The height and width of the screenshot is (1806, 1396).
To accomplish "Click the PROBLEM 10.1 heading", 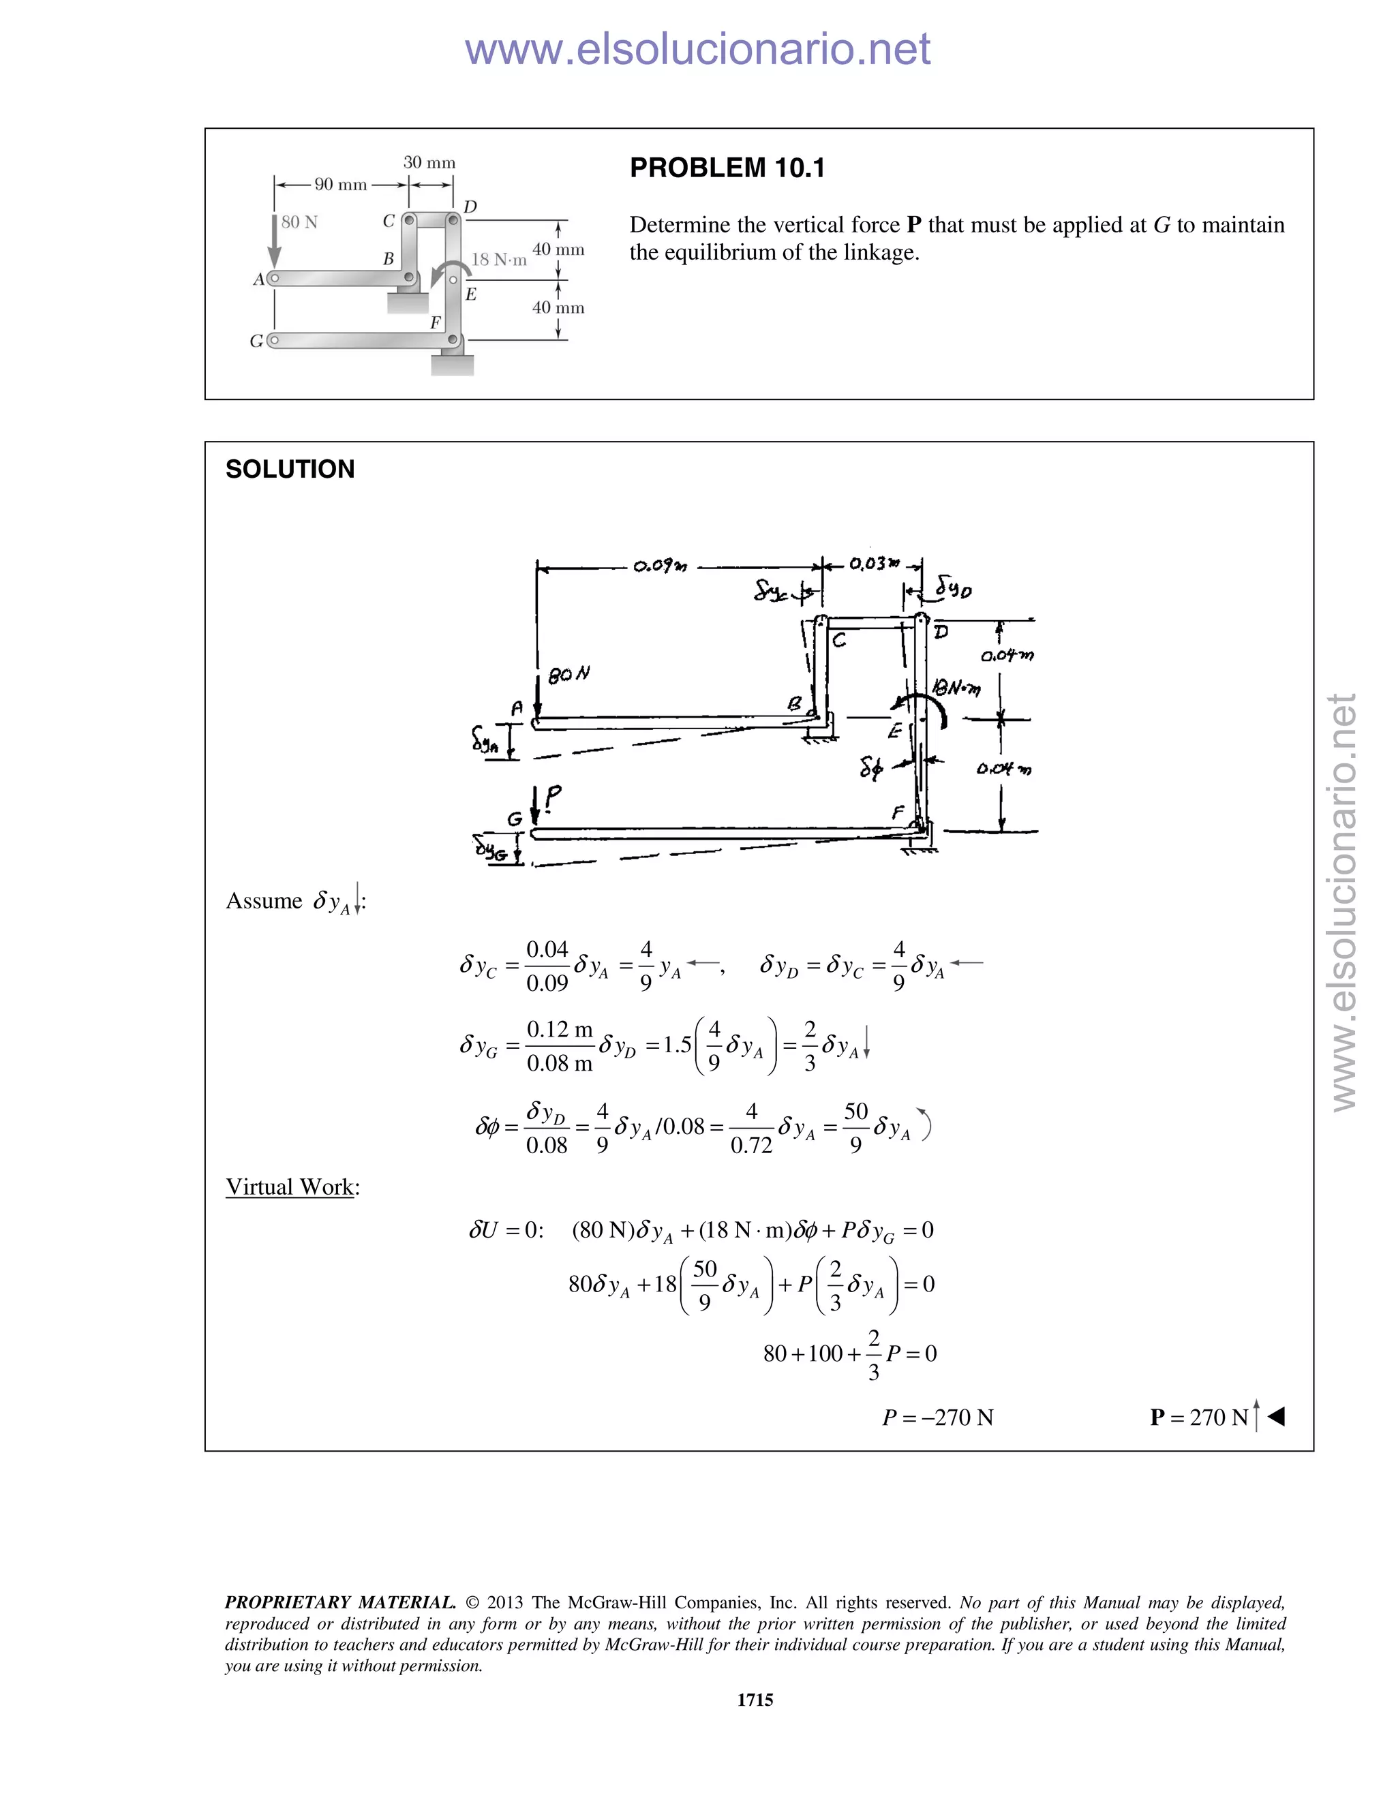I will pos(727,168).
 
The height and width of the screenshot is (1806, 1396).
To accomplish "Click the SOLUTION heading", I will pos(290,469).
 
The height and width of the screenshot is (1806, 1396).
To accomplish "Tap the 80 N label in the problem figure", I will pos(299,222).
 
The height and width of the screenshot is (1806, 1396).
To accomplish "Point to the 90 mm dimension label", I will pos(340,185).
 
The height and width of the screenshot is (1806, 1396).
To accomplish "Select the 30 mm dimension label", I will pos(429,163).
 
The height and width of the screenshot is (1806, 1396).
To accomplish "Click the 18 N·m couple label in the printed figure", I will pos(499,260).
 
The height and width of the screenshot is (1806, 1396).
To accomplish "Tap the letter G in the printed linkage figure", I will pos(256,341).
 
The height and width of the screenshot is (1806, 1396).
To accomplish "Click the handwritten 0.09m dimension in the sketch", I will pos(659,566).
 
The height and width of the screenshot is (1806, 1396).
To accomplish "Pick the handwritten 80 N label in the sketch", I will pos(568,675).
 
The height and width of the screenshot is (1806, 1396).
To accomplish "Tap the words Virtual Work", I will pos(290,1187).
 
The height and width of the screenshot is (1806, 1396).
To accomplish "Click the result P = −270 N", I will pos(937,1418).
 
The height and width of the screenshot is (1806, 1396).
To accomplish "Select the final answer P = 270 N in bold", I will pos(1198,1418).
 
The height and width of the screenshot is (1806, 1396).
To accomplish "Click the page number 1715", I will pos(755,1699).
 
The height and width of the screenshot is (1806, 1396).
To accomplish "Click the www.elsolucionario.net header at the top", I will pos(697,49).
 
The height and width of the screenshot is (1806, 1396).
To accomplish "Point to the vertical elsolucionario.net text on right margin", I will pos(1344,902).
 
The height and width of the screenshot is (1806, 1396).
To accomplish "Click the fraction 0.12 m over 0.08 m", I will pos(560,1046).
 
